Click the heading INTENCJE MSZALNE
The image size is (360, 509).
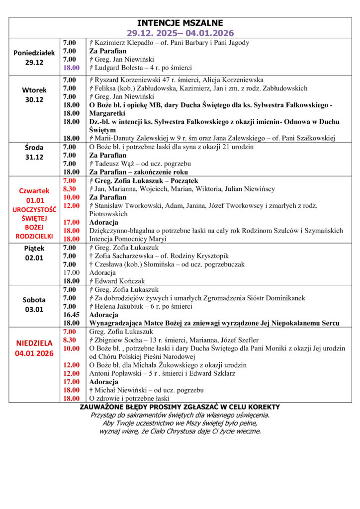pos(180,23)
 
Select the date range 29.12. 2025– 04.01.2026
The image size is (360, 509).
pos(180,33)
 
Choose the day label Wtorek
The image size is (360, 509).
pos(34,90)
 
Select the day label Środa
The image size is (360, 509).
pos(34,147)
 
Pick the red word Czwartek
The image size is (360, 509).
pos(34,190)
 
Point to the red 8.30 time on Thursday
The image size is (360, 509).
pos(70,189)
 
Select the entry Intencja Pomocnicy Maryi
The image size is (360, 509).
pos(128,239)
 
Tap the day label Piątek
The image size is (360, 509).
pos(34,248)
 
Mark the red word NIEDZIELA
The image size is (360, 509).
pos(34,343)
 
